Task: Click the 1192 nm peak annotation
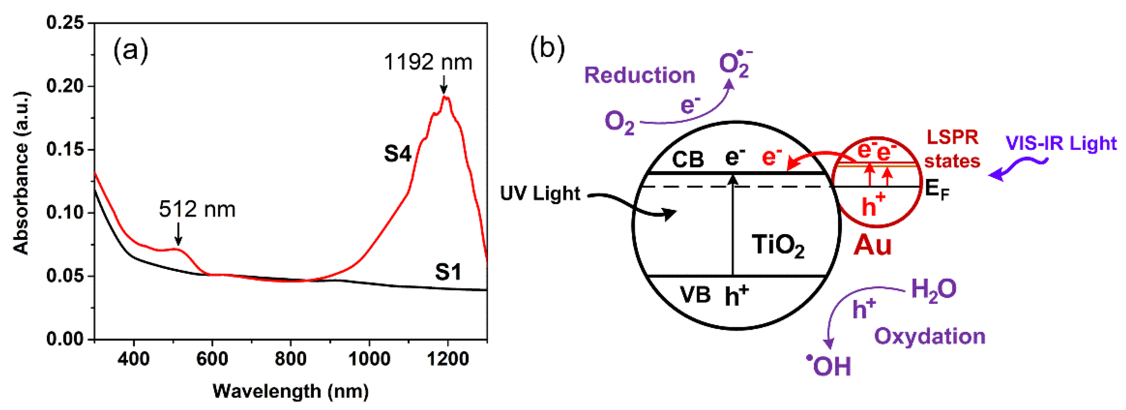pos(428,63)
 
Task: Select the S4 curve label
pos(397,154)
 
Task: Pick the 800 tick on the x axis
pos(291,359)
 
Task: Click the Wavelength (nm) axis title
pos(291,391)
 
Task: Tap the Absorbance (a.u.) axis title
pos(21,173)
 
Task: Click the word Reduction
pos(639,75)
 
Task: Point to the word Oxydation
pos(930,336)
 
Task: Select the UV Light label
pos(540,194)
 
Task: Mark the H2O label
pos(933,289)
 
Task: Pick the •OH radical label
pos(829,366)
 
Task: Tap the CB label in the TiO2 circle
pos(687,160)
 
